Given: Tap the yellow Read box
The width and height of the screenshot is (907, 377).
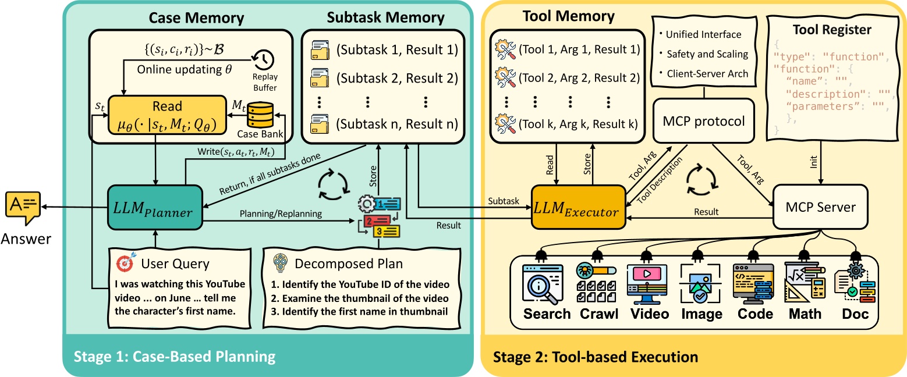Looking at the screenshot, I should pyautogui.click(x=167, y=116).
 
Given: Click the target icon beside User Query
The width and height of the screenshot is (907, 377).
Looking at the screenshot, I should pyautogui.click(x=124, y=263).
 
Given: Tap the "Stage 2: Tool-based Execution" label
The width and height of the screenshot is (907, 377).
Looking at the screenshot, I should pyautogui.click(x=595, y=356).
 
